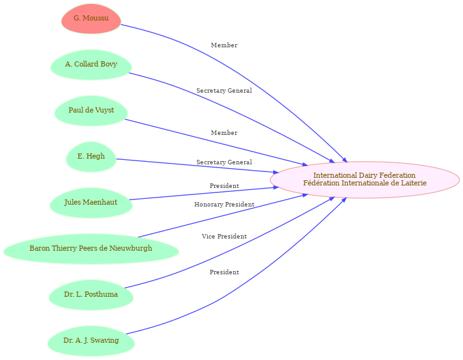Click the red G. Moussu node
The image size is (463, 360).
[x=91, y=19]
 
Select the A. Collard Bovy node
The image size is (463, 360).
[x=91, y=65]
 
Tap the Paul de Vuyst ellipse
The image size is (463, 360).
[x=91, y=111]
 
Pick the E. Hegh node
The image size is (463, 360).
[x=91, y=157]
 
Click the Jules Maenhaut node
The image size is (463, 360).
[x=91, y=203]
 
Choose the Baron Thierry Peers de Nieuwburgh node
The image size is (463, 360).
[x=91, y=249]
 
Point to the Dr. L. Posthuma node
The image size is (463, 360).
[x=91, y=295]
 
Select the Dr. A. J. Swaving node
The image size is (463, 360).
[x=91, y=341]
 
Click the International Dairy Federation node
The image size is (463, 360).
[x=365, y=180]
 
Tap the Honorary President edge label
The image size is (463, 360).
[x=224, y=205]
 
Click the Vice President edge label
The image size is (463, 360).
[x=224, y=237]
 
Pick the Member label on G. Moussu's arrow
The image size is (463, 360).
[x=224, y=45]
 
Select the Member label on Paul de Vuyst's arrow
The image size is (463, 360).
[x=224, y=133]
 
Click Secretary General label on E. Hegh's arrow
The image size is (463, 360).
[x=224, y=162]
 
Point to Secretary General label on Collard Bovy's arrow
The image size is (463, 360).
[x=224, y=91]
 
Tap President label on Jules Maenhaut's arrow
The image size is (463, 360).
[x=224, y=186]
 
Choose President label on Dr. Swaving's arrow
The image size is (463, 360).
[x=224, y=272]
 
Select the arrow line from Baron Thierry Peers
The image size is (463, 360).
[x=192, y=223]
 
